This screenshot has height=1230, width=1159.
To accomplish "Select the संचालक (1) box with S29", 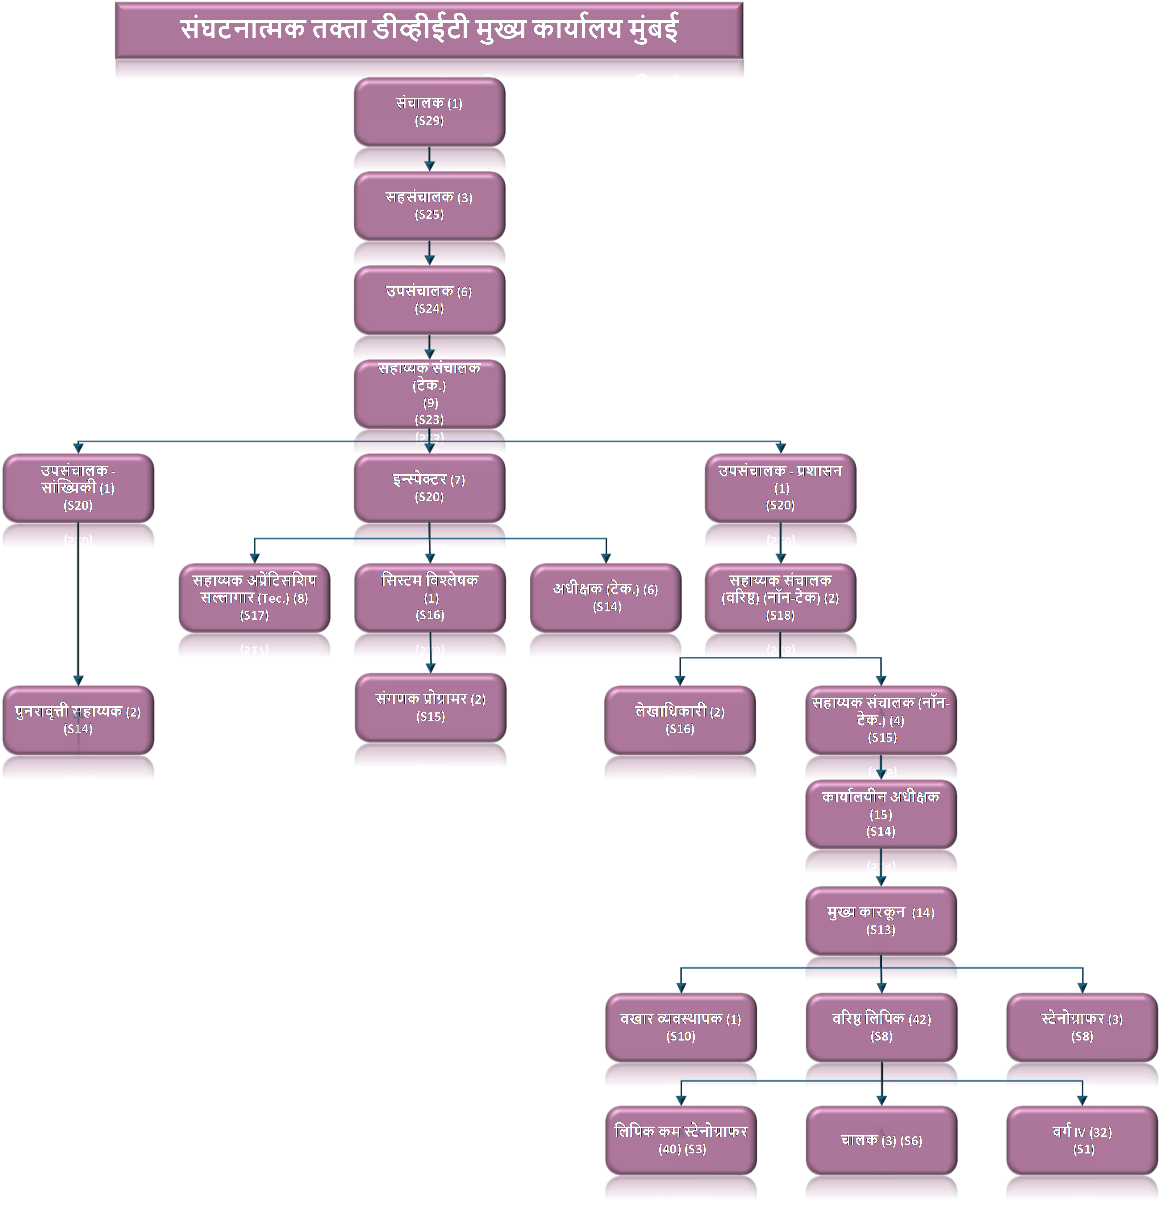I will click(429, 112).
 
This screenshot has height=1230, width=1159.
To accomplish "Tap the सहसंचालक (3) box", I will click(429, 206).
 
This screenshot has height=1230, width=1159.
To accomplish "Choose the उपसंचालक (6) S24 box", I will click(429, 300).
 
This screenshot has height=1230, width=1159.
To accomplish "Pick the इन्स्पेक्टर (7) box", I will click(429, 488).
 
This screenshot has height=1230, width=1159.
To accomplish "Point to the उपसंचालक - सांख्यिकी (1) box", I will click(78, 488).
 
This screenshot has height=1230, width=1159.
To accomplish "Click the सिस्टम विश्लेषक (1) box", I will click(429, 598).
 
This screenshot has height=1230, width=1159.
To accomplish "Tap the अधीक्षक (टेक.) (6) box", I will click(605, 598).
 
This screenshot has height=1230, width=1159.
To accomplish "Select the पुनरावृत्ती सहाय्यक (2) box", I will click(78, 720).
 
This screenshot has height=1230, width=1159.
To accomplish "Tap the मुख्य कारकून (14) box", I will click(881, 920).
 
